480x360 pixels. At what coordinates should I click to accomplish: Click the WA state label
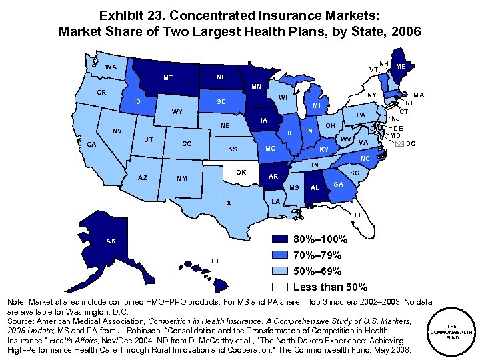coord(111,67)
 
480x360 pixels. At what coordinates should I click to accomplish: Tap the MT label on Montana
coord(168,78)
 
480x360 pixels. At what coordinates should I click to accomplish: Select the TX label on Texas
coord(227,203)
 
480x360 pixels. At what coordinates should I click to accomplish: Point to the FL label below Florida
coord(359,215)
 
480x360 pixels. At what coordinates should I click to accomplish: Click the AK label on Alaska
coord(110,240)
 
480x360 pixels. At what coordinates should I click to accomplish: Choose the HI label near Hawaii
coord(215,260)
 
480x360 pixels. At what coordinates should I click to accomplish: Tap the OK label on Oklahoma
coord(241,173)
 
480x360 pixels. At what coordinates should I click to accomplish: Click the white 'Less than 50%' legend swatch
coord(281,287)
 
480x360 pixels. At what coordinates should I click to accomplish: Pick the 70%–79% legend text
coord(317,255)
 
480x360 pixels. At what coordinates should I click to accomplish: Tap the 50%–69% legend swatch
coord(281,271)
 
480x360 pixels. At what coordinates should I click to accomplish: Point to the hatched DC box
coord(399,143)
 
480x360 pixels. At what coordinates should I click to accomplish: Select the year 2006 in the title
coord(405,31)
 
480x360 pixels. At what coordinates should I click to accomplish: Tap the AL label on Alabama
coord(315,188)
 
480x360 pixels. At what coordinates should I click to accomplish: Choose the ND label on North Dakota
coord(221,76)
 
